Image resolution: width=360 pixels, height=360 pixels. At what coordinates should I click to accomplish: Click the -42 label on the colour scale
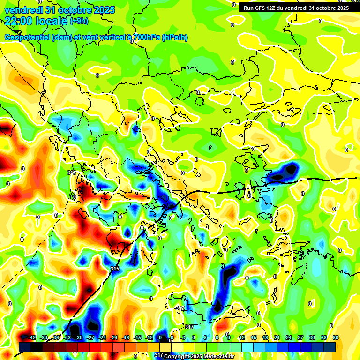coord(32,337)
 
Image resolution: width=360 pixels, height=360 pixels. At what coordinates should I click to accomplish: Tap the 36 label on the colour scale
coord(336,337)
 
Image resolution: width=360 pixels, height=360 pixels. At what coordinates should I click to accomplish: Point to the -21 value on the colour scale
coord(114,337)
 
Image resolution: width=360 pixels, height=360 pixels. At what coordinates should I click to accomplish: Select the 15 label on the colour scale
coord(254,337)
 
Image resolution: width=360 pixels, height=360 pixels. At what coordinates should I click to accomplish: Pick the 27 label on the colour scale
coord(300,337)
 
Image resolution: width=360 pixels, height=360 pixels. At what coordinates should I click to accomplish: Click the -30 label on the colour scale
coord(79,337)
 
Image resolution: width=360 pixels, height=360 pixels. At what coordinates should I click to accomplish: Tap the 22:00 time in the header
coord(18,21)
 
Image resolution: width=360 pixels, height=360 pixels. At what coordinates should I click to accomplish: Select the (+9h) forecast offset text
coord(79,21)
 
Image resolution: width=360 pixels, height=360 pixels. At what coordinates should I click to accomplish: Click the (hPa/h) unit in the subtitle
coord(175,37)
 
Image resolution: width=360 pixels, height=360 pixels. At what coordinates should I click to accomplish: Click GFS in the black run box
coord(259,8)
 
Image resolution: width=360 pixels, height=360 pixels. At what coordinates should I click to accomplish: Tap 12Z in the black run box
coord(272,8)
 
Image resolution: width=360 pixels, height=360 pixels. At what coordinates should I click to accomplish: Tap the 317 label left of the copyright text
coord(158,355)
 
